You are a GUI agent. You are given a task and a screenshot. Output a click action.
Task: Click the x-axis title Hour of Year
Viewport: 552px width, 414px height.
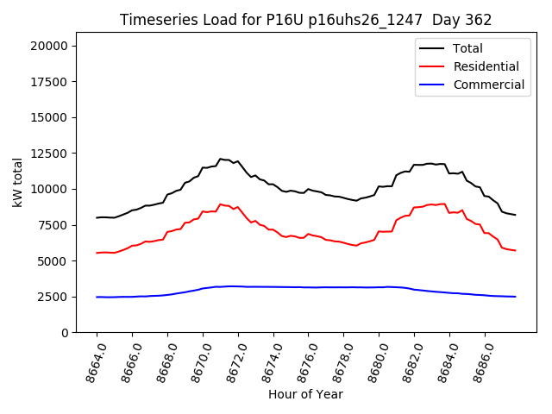tap(305, 395)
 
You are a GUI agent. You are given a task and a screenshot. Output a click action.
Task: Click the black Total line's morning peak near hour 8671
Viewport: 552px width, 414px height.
tap(221, 159)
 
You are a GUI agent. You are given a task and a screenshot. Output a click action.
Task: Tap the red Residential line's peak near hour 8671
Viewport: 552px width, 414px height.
tap(221, 204)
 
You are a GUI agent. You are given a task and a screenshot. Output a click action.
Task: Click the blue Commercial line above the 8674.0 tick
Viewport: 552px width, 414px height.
tap(273, 286)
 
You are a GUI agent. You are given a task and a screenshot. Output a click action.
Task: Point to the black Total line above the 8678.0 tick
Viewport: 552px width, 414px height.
tap(344, 198)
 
